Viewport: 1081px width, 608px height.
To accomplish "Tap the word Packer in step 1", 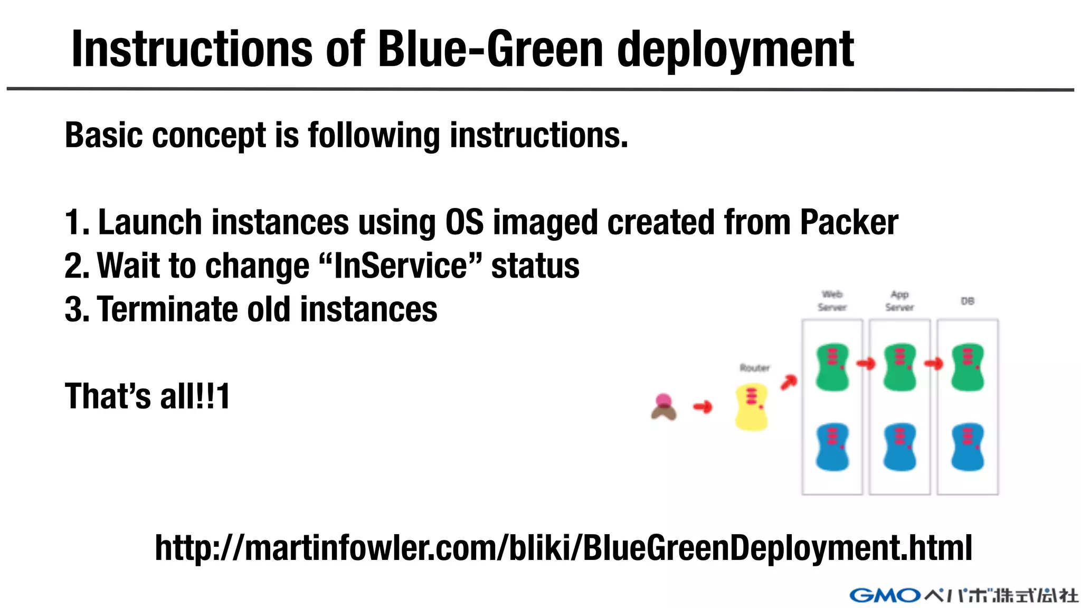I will click(x=848, y=222).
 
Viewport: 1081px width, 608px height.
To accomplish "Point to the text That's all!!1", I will click(x=147, y=396).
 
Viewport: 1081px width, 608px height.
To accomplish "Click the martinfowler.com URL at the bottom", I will click(x=563, y=548).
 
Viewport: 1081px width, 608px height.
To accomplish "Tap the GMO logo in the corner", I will click(x=885, y=595).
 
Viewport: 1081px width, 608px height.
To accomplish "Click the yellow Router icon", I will click(x=751, y=407).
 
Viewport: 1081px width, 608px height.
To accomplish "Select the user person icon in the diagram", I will click(x=663, y=407).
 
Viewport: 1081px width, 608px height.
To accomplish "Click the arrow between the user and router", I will click(x=703, y=407).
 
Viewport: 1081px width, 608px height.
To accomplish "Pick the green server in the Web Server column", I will click(x=832, y=367).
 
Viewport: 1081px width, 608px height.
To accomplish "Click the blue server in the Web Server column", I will click(x=832, y=447).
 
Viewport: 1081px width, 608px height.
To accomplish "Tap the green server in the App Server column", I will click(x=900, y=367).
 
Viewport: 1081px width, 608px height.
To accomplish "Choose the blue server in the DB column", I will click(x=968, y=447).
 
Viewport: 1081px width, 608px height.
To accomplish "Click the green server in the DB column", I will click(x=968, y=367).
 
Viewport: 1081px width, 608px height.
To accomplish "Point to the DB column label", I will click(x=968, y=301).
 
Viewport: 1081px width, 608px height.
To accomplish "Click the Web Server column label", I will click(x=832, y=301).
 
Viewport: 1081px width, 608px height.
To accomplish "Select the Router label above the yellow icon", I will click(x=754, y=368).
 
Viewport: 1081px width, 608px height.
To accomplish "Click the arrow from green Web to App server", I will click(x=866, y=364).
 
